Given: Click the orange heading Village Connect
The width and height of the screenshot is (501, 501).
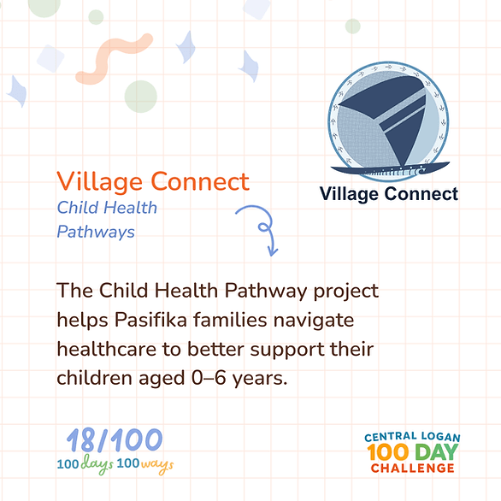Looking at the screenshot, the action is pyautogui.click(x=153, y=182).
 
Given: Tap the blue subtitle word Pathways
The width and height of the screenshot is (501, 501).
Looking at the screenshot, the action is pyautogui.click(x=96, y=232).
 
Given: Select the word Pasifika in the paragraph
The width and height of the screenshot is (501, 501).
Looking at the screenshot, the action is pyautogui.click(x=150, y=320).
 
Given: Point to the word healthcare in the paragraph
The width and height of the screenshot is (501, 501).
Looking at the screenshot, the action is pyautogui.click(x=107, y=349).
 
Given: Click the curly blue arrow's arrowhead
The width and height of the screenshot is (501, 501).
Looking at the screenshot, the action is pyautogui.click(x=272, y=251).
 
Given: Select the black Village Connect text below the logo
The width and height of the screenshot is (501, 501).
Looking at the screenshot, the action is pyautogui.click(x=389, y=194).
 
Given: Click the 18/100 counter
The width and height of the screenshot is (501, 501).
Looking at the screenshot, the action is pyautogui.click(x=115, y=440).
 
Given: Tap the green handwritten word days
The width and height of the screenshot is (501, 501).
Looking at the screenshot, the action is pyautogui.click(x=97, y=464).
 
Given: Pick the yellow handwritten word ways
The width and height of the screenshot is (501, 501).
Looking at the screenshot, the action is pyautogui.click(x=157, y=465).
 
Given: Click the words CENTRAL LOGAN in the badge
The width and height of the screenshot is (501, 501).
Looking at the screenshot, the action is pyautogui.click(x=412, y=437).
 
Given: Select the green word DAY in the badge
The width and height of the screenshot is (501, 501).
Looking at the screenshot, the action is pyautogui.click(x=437, y=452).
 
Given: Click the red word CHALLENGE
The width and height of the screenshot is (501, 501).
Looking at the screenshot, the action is pyautogui.click(x=412, y=469).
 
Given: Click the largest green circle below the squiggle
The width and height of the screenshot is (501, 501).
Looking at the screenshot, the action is pyautogui.click(x=140, y=97).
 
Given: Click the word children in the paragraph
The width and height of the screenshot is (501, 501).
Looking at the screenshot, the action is pyautogui.click(x=94, y=378).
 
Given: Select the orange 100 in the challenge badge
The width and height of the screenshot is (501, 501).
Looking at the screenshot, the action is pyautogui.click(x=388, y=452).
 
